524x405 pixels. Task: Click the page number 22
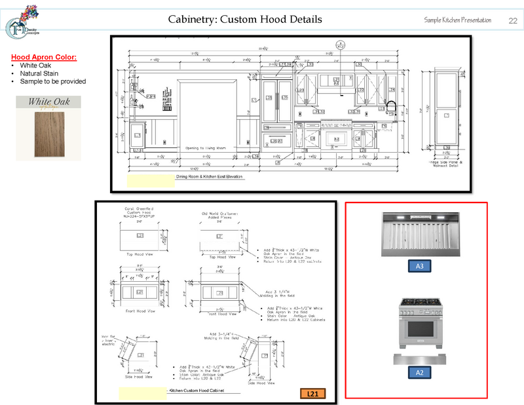click(x=512, y=20)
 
